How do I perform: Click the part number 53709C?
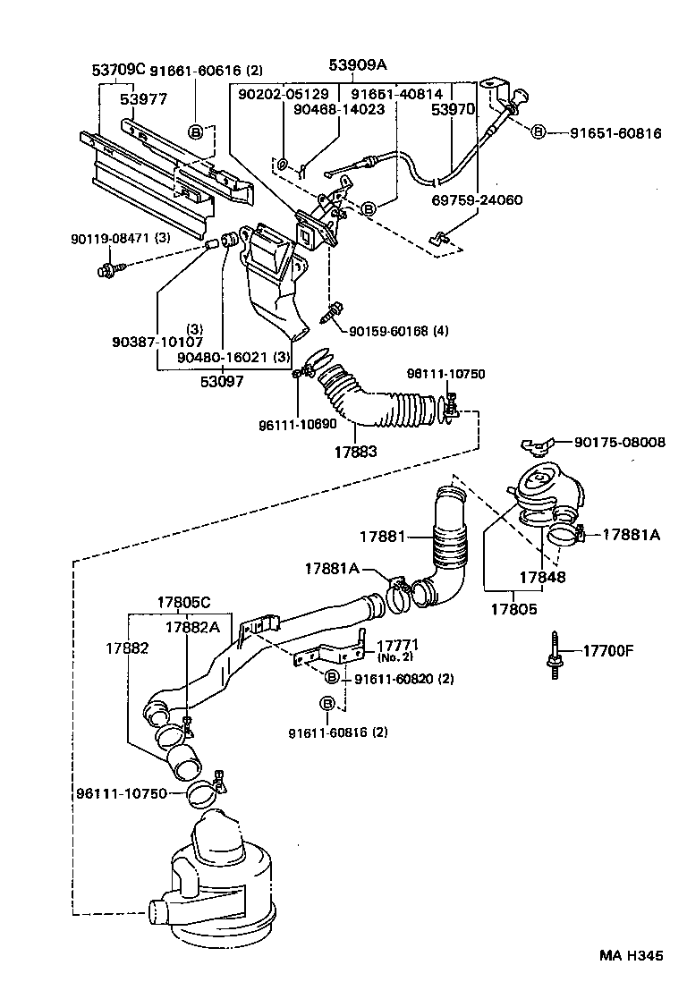118,70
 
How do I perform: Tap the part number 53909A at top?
359,64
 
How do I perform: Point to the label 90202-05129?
283,93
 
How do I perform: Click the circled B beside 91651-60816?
539,132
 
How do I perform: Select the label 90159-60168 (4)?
399,332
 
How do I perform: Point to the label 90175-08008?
619,442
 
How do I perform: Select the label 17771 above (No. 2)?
398,645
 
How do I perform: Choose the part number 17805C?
185,603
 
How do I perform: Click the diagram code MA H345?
631,955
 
